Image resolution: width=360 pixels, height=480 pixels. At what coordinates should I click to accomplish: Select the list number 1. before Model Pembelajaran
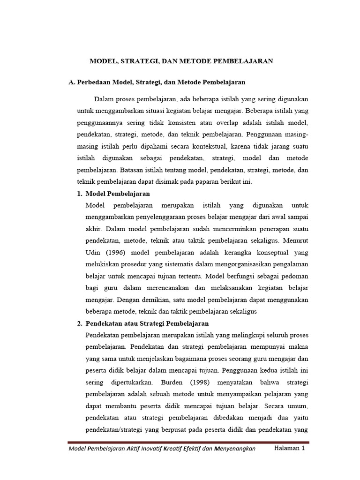80,194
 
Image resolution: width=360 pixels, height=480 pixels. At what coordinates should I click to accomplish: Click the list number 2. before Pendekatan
80,323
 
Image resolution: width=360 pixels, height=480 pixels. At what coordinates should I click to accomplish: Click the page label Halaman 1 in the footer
290,449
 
